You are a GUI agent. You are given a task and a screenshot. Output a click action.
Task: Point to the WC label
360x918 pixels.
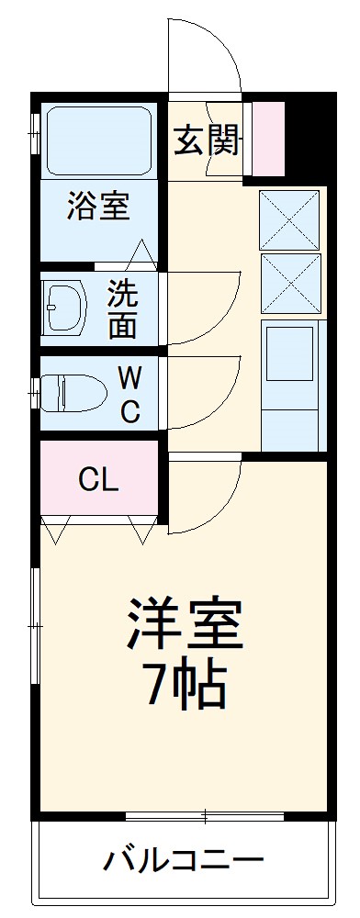[129, 394]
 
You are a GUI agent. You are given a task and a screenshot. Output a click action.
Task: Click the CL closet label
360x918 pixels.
[98, 478]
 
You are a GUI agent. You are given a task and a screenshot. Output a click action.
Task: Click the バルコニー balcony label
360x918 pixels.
[183, 861]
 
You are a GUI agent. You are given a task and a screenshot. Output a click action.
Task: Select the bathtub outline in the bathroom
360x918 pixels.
[98, 140]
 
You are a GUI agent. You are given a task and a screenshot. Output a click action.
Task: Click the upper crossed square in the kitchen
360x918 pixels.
[289, 219]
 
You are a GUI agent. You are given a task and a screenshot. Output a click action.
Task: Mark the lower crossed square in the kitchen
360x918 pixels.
[289, 283]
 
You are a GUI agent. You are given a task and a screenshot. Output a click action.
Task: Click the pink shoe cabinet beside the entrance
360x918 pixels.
[269, 138]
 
